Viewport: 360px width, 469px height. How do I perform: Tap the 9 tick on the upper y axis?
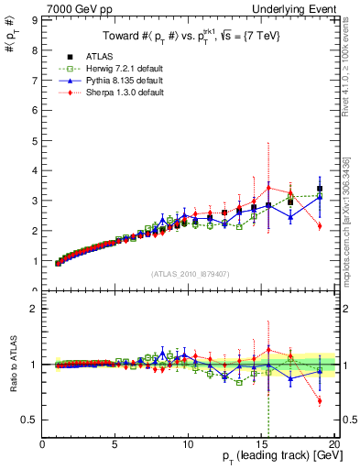pos(36,18)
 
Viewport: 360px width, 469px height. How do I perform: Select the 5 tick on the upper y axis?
pos(36,139)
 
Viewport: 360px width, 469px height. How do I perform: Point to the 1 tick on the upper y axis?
pos(36,261)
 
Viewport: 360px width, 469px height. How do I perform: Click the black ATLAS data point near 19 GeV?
pos(320,189)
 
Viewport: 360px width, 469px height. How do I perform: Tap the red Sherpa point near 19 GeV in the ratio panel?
pos(320,400)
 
